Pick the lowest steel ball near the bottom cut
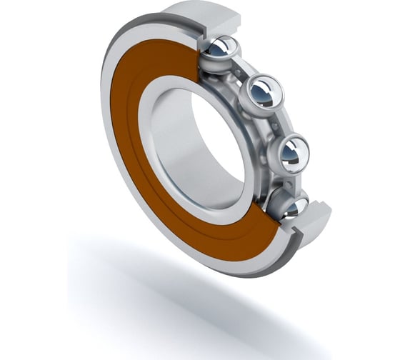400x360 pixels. tap(293, 206)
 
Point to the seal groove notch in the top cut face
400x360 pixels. tap(203, 32)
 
